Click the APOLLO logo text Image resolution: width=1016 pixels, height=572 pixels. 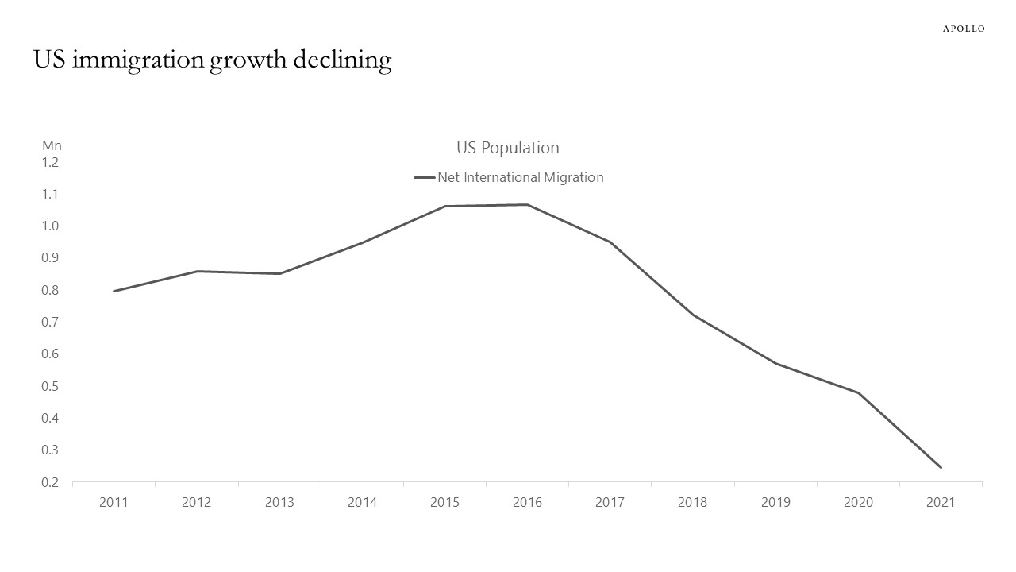(x=963, y=29)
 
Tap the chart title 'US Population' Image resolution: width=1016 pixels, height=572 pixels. (x=507, y=148)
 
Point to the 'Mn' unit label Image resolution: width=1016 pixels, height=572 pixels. (x=52, y=145)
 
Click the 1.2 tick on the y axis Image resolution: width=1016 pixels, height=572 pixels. (x=50, y=162)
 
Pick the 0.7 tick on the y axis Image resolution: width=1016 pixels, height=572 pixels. (x=50, y=322)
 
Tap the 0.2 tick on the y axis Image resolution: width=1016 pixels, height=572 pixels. (x=50, y=482)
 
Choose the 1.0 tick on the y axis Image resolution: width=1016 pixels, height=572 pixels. (x=50, y=226)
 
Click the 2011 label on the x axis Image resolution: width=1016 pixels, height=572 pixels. (x=114, y=502)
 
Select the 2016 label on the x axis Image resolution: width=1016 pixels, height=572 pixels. (x=527, y=502)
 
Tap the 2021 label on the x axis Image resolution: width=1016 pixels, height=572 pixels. (x=941, y=502)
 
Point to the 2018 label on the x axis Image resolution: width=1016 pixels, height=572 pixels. (x=692, y=502)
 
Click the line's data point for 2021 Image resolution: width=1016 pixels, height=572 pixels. (x=941, y=467)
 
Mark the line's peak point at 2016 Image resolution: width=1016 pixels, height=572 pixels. (x=527, y=205)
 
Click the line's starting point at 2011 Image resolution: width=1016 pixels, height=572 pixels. (x=114, y=291)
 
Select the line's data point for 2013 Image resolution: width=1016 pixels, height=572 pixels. (x=279, y=273)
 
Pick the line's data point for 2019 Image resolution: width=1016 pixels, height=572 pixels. (x=775, y=364)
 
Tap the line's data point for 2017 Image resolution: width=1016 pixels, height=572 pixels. (x=610, y=242)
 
